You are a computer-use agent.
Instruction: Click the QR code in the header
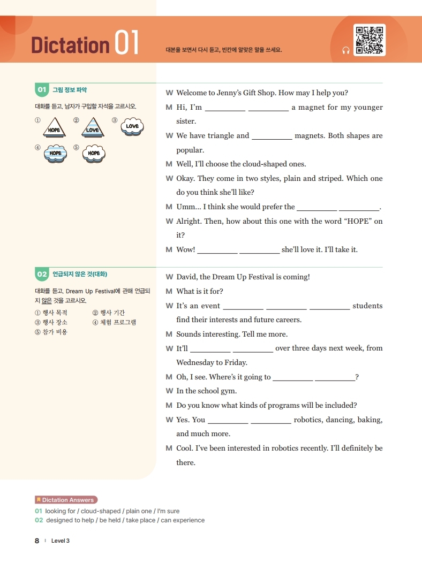click(x=370, y=40)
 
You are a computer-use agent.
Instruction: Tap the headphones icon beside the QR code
click(x=345, y=50)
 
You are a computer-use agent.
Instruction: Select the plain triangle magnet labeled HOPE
click(x=54, y=128)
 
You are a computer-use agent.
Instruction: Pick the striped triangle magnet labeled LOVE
click(x=93, y=128)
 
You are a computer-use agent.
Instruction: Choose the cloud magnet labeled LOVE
click(x=132, y=127)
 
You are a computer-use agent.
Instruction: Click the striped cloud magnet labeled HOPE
click(x=55, y=153)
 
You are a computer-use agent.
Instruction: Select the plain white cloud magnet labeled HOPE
click(x=94, y=153)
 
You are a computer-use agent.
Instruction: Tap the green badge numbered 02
click(x=42, y=274)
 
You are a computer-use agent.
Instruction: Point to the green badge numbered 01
click(x=42, y=90)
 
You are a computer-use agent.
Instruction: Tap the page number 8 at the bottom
click(x=37, y=541)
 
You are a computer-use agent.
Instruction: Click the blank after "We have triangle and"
click(x=272, y=136)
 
